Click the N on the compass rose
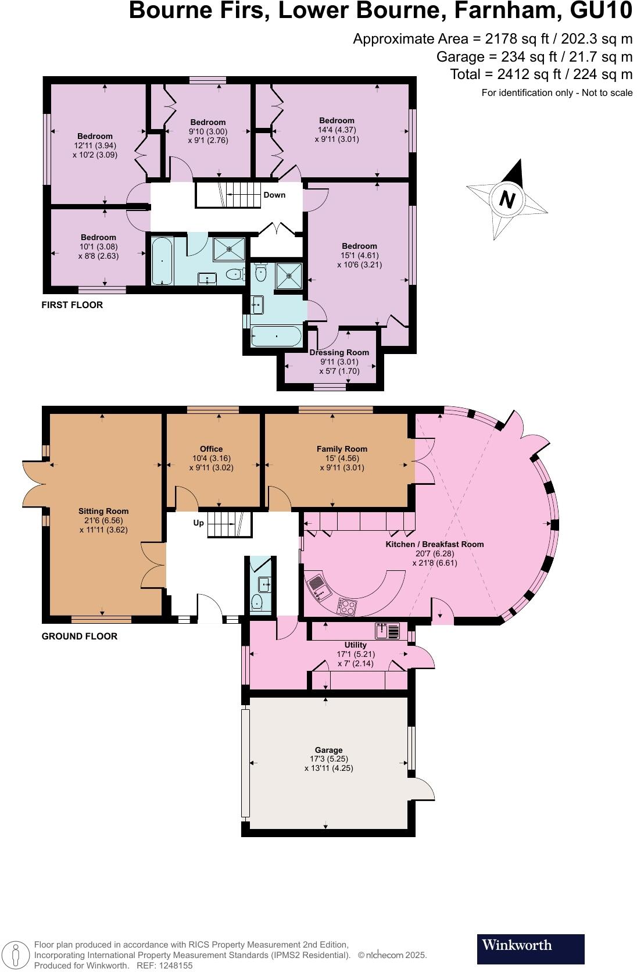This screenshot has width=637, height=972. [507, 200]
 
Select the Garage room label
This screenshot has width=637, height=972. [328, 750]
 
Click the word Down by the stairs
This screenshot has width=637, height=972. [274, 195]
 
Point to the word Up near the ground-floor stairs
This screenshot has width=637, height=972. [199, 523]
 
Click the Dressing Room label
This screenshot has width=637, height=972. [339, 352]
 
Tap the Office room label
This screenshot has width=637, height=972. [211, 449]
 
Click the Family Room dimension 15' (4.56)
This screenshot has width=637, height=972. [342, 458]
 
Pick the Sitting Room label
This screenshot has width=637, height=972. [95, 511]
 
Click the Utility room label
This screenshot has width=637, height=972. [355, 645]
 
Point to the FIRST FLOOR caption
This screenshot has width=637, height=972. [72, 305]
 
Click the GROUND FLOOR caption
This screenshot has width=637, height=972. [80, 636]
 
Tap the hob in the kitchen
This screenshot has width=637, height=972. [348, 607]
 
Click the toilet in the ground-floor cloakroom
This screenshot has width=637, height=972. [258, 602]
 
